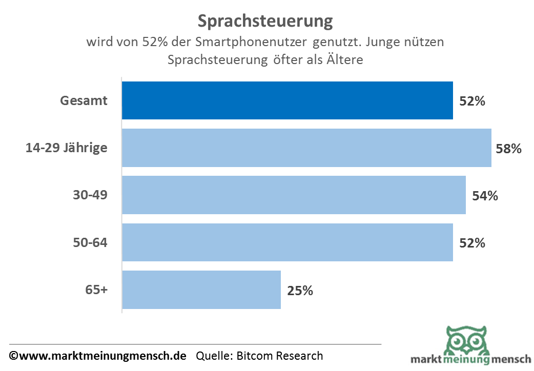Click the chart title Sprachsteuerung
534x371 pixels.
pyautogui.click(x=265, y=21)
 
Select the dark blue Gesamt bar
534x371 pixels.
pyautogui.click(x=287, y=100)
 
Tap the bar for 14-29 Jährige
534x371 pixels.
pyautogui.click(x=306, y=148)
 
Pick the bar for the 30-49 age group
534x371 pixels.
pyautogui.click(x=294, y=195)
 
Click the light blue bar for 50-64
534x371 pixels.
pyautogui.click(x=287, y=242)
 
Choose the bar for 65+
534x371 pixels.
pyautogui.click(x=201, y=290)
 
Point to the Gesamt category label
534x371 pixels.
pyautogui.click(x=84, y=100)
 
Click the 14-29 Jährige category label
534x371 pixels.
pyautogui.click(x=67, y=148)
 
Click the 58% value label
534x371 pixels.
pyautogui.click(x=508, y=149)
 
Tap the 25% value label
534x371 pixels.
pyautogui.click(x=300, y=291)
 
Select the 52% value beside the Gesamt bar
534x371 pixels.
pyautogui.click(x=472, y=101)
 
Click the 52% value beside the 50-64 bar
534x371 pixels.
pyautogui.click(x=472, y=243)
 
